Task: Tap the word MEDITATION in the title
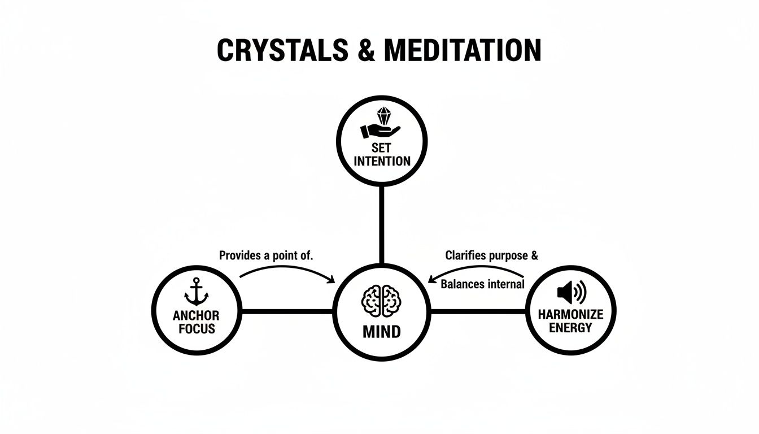(462, 50)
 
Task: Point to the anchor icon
(196, 293)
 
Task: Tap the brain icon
(381, 300)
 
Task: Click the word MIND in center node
(381, 331)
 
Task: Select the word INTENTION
(382, 161)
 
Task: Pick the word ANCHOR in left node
(196, 316)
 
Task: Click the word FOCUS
(197, 328)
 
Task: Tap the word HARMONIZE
(571, 315)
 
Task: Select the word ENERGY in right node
(571, 328)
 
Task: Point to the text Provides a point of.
(266, 255)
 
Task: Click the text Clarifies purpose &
(491, 255)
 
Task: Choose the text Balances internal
(482, 284)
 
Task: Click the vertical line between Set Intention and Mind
(382, 223)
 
